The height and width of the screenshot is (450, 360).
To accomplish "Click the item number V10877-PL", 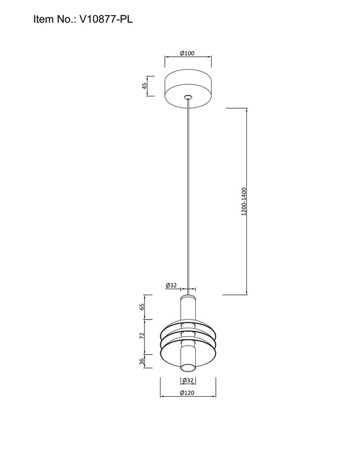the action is click(106, 19).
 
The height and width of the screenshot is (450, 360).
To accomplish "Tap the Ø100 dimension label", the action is click(187, 53).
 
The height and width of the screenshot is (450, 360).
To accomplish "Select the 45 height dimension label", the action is click(144, 86).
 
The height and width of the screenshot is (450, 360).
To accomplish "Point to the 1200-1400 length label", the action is click(244, 202).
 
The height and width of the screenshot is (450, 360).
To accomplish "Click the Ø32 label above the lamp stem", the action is click(171, 285).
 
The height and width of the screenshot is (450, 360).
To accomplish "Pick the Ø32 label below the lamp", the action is click(188, 380).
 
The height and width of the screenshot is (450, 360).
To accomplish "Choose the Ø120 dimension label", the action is click(187, 392).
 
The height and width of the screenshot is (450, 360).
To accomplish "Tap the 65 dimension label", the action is click(142, 307).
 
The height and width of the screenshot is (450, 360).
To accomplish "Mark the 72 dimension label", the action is click(142, 336).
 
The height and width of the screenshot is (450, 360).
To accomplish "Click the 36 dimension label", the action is click(142, 361).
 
